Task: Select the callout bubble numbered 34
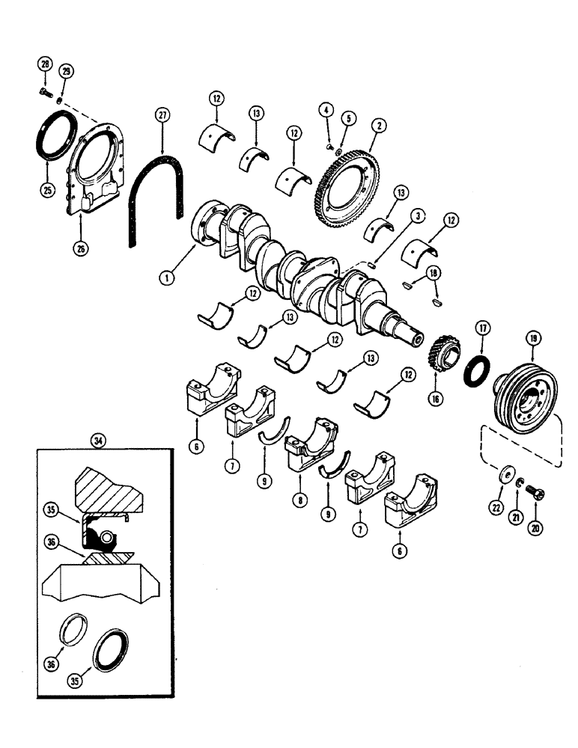point(97,441)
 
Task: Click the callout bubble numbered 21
point(514,515)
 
